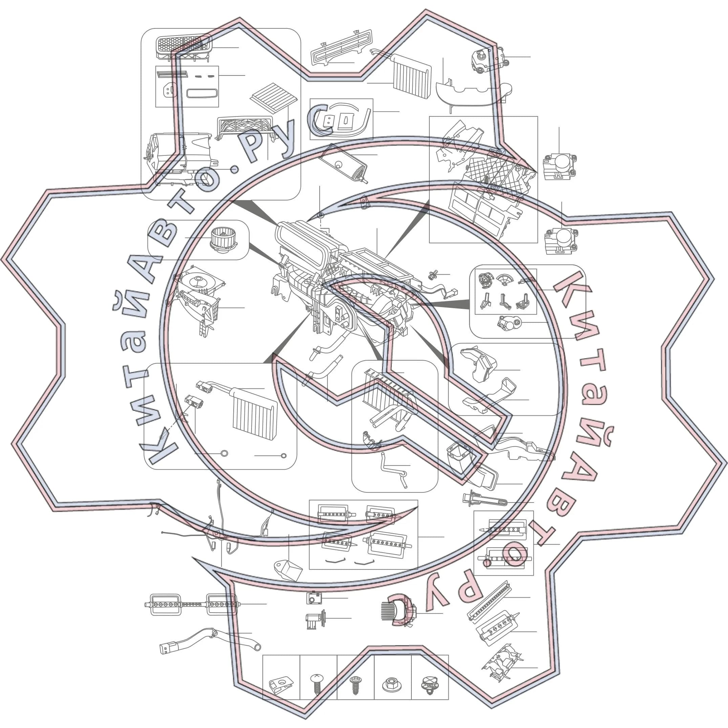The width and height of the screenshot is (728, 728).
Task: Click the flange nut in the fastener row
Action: pyautogui.click(x=391, y=684)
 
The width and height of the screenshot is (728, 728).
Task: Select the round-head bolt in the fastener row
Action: pyautogui.click(x=317, y=684)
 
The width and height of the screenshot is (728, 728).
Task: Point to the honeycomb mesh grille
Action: pyautogui.click(x=184, y=47)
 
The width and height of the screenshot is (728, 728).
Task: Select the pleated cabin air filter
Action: pyautogui.click(x=274, y=98)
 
